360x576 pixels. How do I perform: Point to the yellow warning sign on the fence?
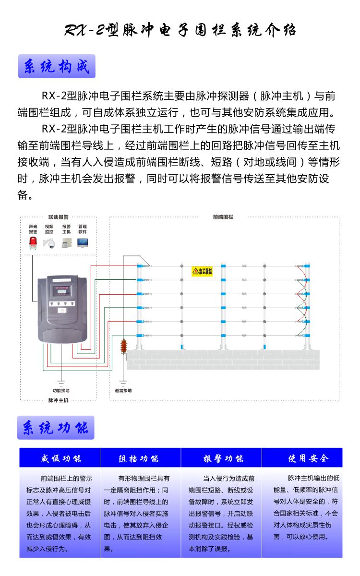pos(202,271)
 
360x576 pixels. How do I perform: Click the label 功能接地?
pos(61,390)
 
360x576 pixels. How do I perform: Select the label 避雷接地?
pos(123,390)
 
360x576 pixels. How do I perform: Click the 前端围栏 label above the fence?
pos(223,217)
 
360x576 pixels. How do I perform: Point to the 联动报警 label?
pos(58,217)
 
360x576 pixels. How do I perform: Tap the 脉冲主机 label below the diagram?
pos(58,400)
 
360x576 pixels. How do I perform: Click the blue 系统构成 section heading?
pos(57,66)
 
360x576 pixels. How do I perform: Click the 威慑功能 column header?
pos(60,458)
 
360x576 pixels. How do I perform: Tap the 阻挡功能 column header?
pos(140,458)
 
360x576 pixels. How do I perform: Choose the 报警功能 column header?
pos(221,458)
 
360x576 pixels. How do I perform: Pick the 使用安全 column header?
pos(302,458)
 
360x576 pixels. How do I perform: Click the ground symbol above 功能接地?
pos(61,383)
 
